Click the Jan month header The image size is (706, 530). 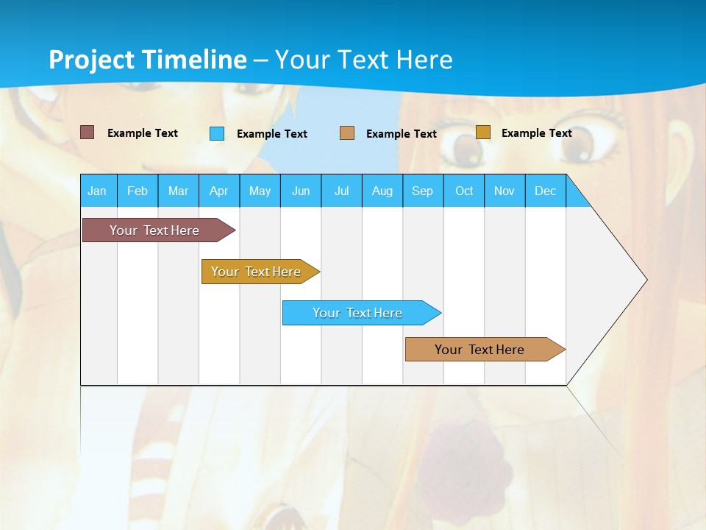(97, 191)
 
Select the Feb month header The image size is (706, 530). (138, 191)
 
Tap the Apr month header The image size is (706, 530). (218, 191)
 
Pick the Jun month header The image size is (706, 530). (301, 191)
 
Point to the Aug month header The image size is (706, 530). (382, 191)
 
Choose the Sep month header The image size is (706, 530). (423, 191)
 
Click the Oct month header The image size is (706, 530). (464, 191)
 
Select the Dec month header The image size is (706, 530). (546, 191)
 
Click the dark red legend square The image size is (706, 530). (88, 132)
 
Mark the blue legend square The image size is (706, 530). (217, 133)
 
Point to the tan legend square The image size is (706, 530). (347, 133)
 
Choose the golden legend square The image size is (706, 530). (483, 132)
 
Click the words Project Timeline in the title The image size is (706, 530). (148, 60)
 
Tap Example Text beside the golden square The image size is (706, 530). (537, 133)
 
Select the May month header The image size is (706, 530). (260, 191)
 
